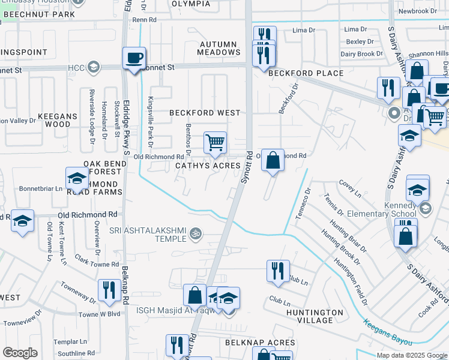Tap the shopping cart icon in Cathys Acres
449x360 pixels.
tap(215, 143)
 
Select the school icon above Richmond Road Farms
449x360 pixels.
tap(77, 178)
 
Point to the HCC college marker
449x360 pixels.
tap(93, 67)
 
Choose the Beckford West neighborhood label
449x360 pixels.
tap(205, 113)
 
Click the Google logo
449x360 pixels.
tap(20, 353)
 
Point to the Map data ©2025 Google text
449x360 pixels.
tap(411, 355)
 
